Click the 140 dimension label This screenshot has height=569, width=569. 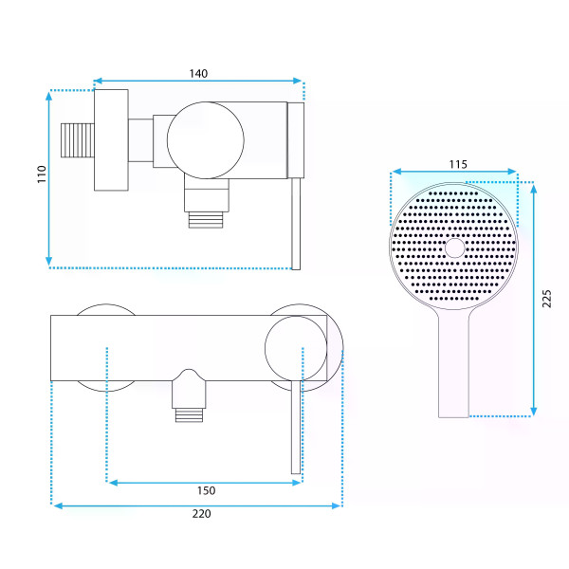pos(198,74)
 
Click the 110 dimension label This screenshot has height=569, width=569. pos(42,174)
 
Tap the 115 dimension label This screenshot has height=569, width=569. pos(458,164)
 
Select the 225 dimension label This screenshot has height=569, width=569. pos(546,299)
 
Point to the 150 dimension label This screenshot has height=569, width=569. pos(206,490)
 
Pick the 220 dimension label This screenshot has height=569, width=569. pos(201,514)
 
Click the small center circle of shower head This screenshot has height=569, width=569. pos(454,248)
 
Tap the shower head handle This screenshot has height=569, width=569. pos(453,363)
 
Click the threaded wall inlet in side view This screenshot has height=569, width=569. pos(78,140)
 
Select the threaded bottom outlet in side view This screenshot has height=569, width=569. pos(206,220)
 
